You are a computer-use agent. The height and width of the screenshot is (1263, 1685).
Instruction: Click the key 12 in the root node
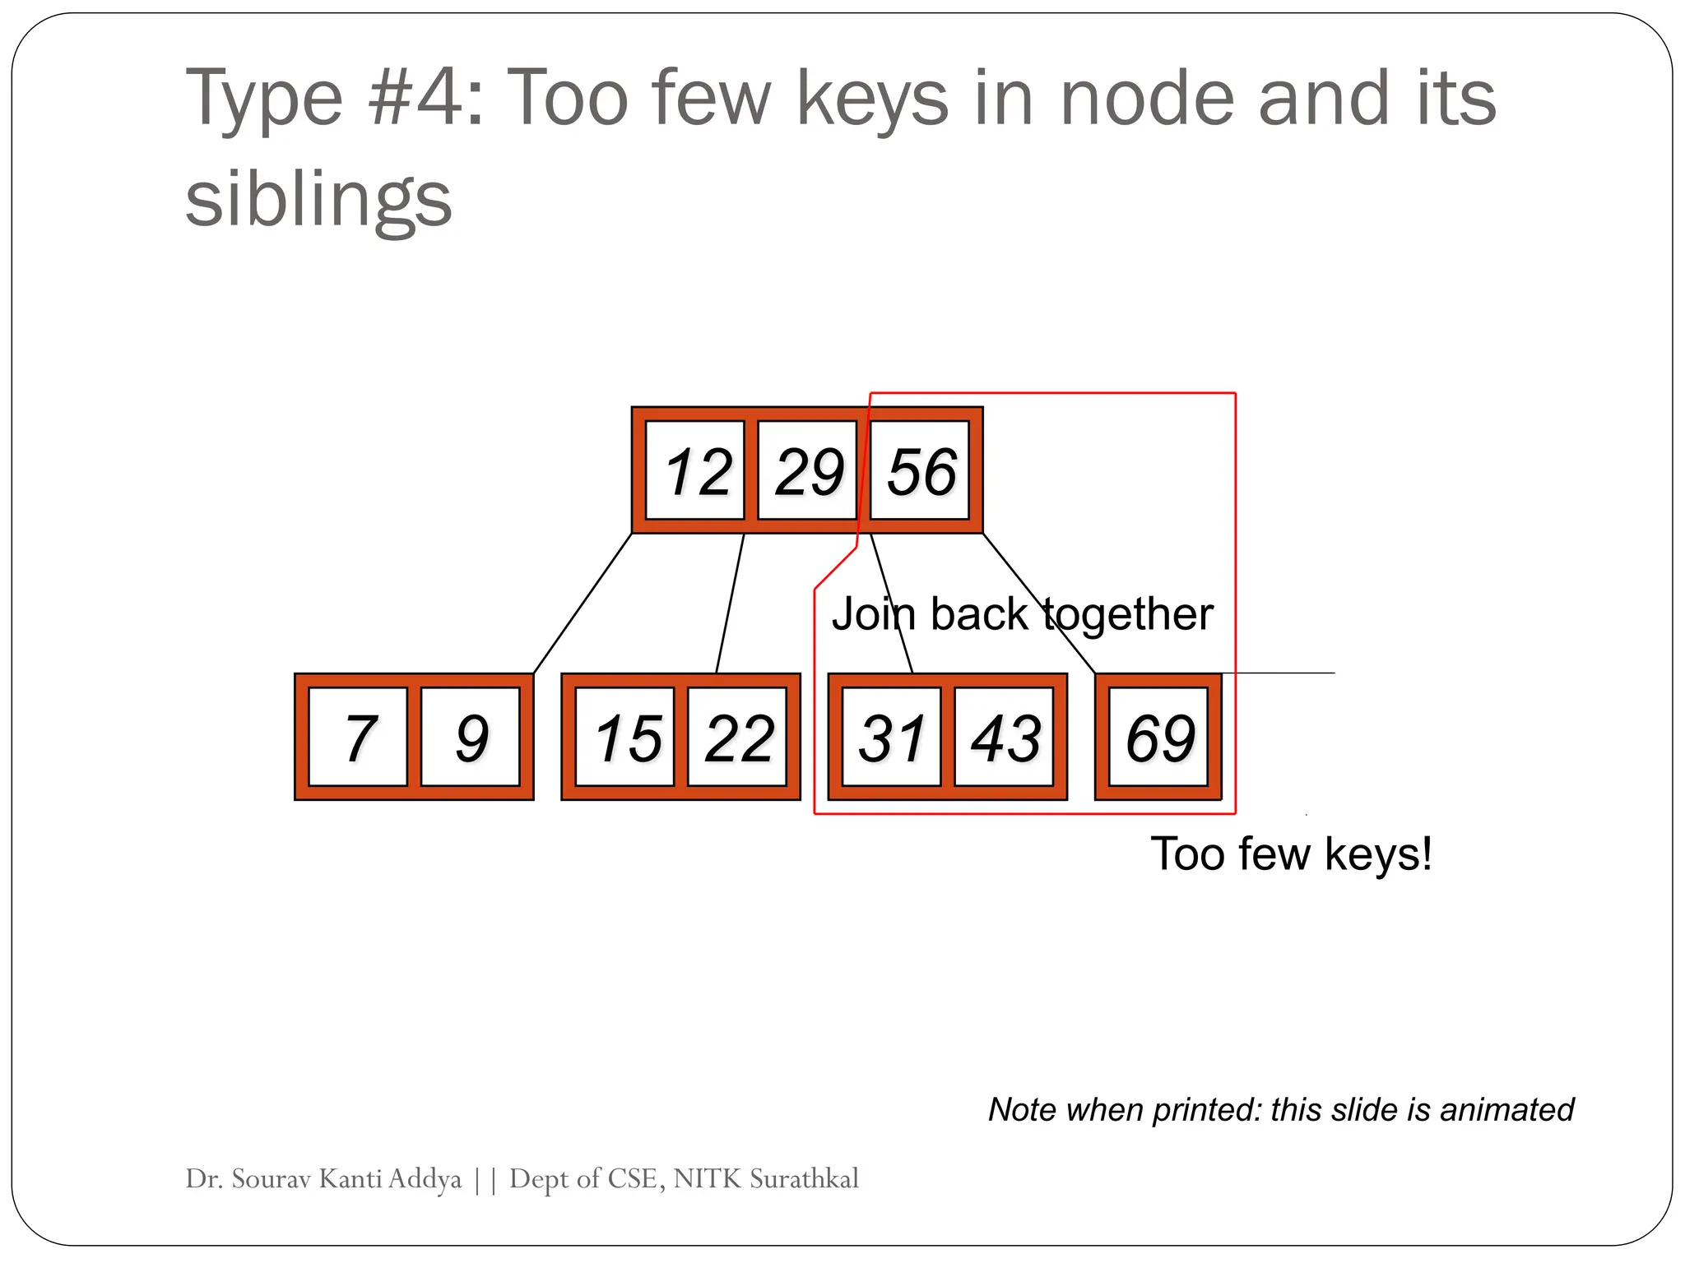click(x=695, y=471)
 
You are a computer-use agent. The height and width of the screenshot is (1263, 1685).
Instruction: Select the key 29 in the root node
click(x=807, y=471)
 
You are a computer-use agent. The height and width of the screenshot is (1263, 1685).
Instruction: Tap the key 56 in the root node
click(x=920, y=471)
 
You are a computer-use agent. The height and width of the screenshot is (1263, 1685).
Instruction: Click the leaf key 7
click(x=358, y=738)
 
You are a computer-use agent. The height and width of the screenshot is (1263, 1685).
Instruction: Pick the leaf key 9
click(x=470, y=738)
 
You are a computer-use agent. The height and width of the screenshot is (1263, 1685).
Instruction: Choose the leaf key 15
click(x=625, y=738)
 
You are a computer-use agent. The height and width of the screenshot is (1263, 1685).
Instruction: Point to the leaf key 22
click(x=737, y=738)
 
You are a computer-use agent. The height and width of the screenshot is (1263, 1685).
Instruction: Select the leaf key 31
click(x=892, y=738)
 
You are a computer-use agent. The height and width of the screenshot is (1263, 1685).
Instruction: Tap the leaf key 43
click(x=1004, y=738)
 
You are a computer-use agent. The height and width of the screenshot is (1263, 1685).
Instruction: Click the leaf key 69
click(x=1158, y=738)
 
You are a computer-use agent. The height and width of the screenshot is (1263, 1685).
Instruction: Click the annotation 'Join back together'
click(x=1022, y=613)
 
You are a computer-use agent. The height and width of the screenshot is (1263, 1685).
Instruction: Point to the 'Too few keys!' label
click(x=1291, y=854)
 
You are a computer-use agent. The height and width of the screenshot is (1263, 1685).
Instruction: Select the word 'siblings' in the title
click(x=318, y=200)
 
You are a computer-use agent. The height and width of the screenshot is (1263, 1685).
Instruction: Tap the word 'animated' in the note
click(x=1506, y=1110)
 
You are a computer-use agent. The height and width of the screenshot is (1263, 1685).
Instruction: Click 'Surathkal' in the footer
click(x=804, y=1179)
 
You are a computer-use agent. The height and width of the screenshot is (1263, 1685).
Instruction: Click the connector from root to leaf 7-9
click(x=583, y=604)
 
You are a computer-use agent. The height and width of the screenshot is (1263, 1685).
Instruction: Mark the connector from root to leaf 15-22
click(x=730, y=604)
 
